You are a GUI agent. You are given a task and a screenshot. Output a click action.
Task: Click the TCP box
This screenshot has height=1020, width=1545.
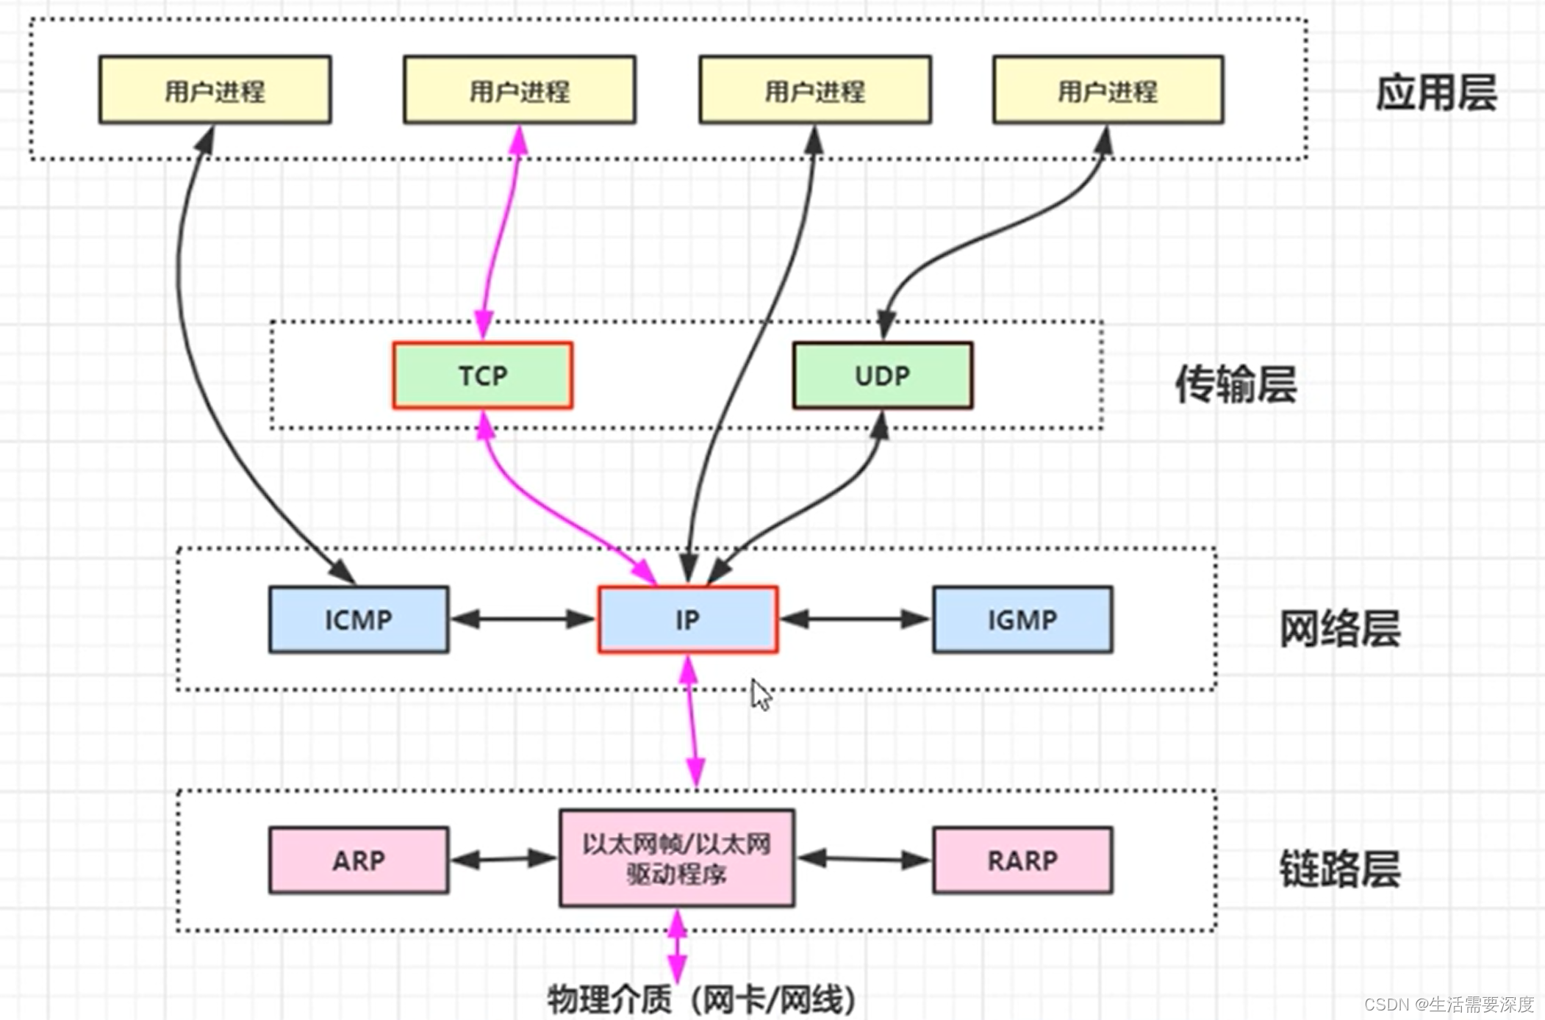(482, 376)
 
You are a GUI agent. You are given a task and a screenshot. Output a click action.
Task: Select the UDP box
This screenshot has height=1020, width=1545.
(882, 376)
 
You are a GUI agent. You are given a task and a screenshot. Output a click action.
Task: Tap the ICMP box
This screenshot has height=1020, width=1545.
(359, 619)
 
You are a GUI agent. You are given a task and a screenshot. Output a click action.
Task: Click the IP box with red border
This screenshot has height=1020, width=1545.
(688, 619)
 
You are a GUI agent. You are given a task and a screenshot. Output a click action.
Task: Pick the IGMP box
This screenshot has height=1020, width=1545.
(1022, 619)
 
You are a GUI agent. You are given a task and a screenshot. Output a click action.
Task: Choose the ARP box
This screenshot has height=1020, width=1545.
(359, 860)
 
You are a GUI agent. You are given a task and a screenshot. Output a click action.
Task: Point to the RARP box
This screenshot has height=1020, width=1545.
(1022, 860)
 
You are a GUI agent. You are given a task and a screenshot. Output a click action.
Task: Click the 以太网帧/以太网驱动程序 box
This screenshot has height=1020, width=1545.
(676, 858)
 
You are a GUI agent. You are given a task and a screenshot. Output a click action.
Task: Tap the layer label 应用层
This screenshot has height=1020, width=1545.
(1435, 93)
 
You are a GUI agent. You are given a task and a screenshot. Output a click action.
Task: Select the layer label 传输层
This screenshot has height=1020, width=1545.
(1236, 384)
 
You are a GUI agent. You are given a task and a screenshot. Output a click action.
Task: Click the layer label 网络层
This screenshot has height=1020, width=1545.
(1340, 629)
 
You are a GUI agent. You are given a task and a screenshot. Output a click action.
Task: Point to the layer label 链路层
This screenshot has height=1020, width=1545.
(1340, 869)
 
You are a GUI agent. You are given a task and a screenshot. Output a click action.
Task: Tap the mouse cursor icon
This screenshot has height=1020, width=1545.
(761, 694)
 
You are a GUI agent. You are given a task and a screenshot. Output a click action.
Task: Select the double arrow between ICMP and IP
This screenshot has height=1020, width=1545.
(523, 619)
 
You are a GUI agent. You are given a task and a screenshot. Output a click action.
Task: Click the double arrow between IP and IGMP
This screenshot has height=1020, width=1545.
(855, 619)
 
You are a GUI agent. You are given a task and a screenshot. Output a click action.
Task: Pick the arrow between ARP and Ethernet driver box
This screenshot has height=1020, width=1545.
(503, 858)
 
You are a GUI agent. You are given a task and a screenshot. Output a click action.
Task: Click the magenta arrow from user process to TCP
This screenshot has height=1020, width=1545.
(501, 231)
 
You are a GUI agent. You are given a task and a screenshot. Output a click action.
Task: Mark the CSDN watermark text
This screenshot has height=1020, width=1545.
(1448, 1004)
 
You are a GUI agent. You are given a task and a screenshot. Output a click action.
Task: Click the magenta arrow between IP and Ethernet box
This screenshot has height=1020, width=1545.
(692, 720)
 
